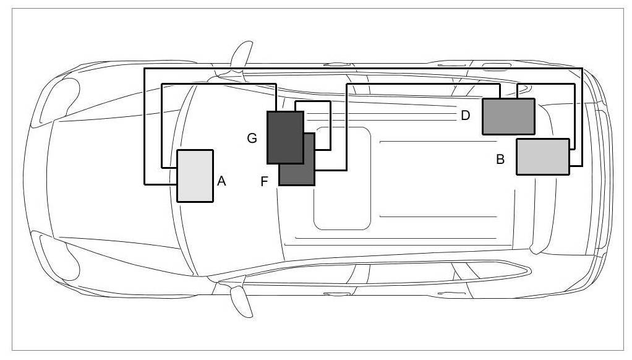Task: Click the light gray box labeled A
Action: coord(195,176)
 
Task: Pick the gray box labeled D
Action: coord(508,116)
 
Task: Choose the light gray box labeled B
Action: coord(542,156)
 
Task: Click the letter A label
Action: coord(222,181)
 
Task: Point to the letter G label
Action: coord(252,139)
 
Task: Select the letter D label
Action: coord(466,115)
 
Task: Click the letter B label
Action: coord(500,160)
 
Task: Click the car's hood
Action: coord(105,179)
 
